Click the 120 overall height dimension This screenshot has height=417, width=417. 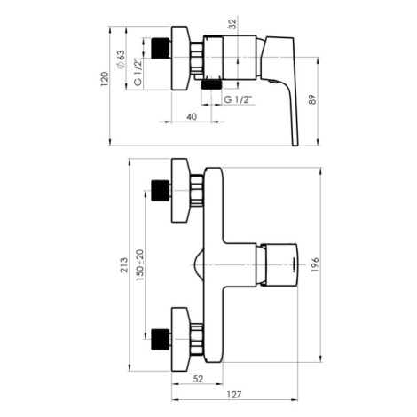[105, 79]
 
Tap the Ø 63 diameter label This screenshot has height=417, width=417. [121, 59]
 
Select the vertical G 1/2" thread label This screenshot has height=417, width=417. [138, 73]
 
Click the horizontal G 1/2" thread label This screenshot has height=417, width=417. [240, 99]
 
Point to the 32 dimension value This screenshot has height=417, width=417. [233, 24]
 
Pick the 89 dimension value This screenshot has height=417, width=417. [312, 99]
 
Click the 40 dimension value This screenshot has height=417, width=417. [192, 117]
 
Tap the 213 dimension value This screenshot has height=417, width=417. [124, 265]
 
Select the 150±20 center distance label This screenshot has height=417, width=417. [140, 265]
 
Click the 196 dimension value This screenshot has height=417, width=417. [315, 264]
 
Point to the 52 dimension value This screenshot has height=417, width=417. [198, 379]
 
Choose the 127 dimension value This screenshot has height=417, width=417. [234, 395]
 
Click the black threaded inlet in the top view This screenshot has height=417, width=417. [161, 48]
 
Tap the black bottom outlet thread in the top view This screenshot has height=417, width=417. [211, 84]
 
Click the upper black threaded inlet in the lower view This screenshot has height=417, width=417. [161, 190]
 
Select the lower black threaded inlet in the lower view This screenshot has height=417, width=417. [161, 339]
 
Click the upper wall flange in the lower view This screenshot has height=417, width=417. [180, 190]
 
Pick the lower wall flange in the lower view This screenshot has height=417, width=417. [180, 339]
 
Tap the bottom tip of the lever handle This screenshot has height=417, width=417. [295, 146]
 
